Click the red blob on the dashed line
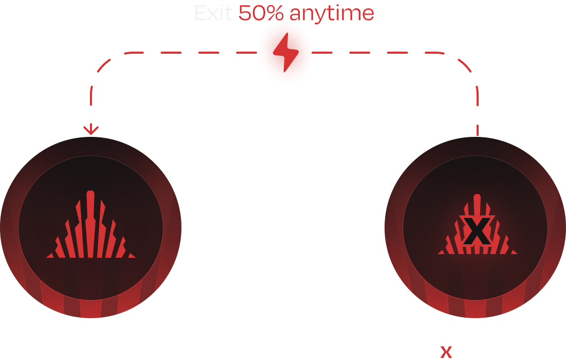tap(286, 51)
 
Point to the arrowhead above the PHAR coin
tap(91, 130)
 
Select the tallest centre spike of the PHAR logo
tap(90, 222)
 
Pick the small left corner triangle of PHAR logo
tap(51, 255)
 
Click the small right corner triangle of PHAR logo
tap(131, 255)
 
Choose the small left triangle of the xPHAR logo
tap(442, 252)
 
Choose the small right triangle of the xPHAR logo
tap(513, 252)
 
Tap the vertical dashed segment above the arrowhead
tap(91, 103)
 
